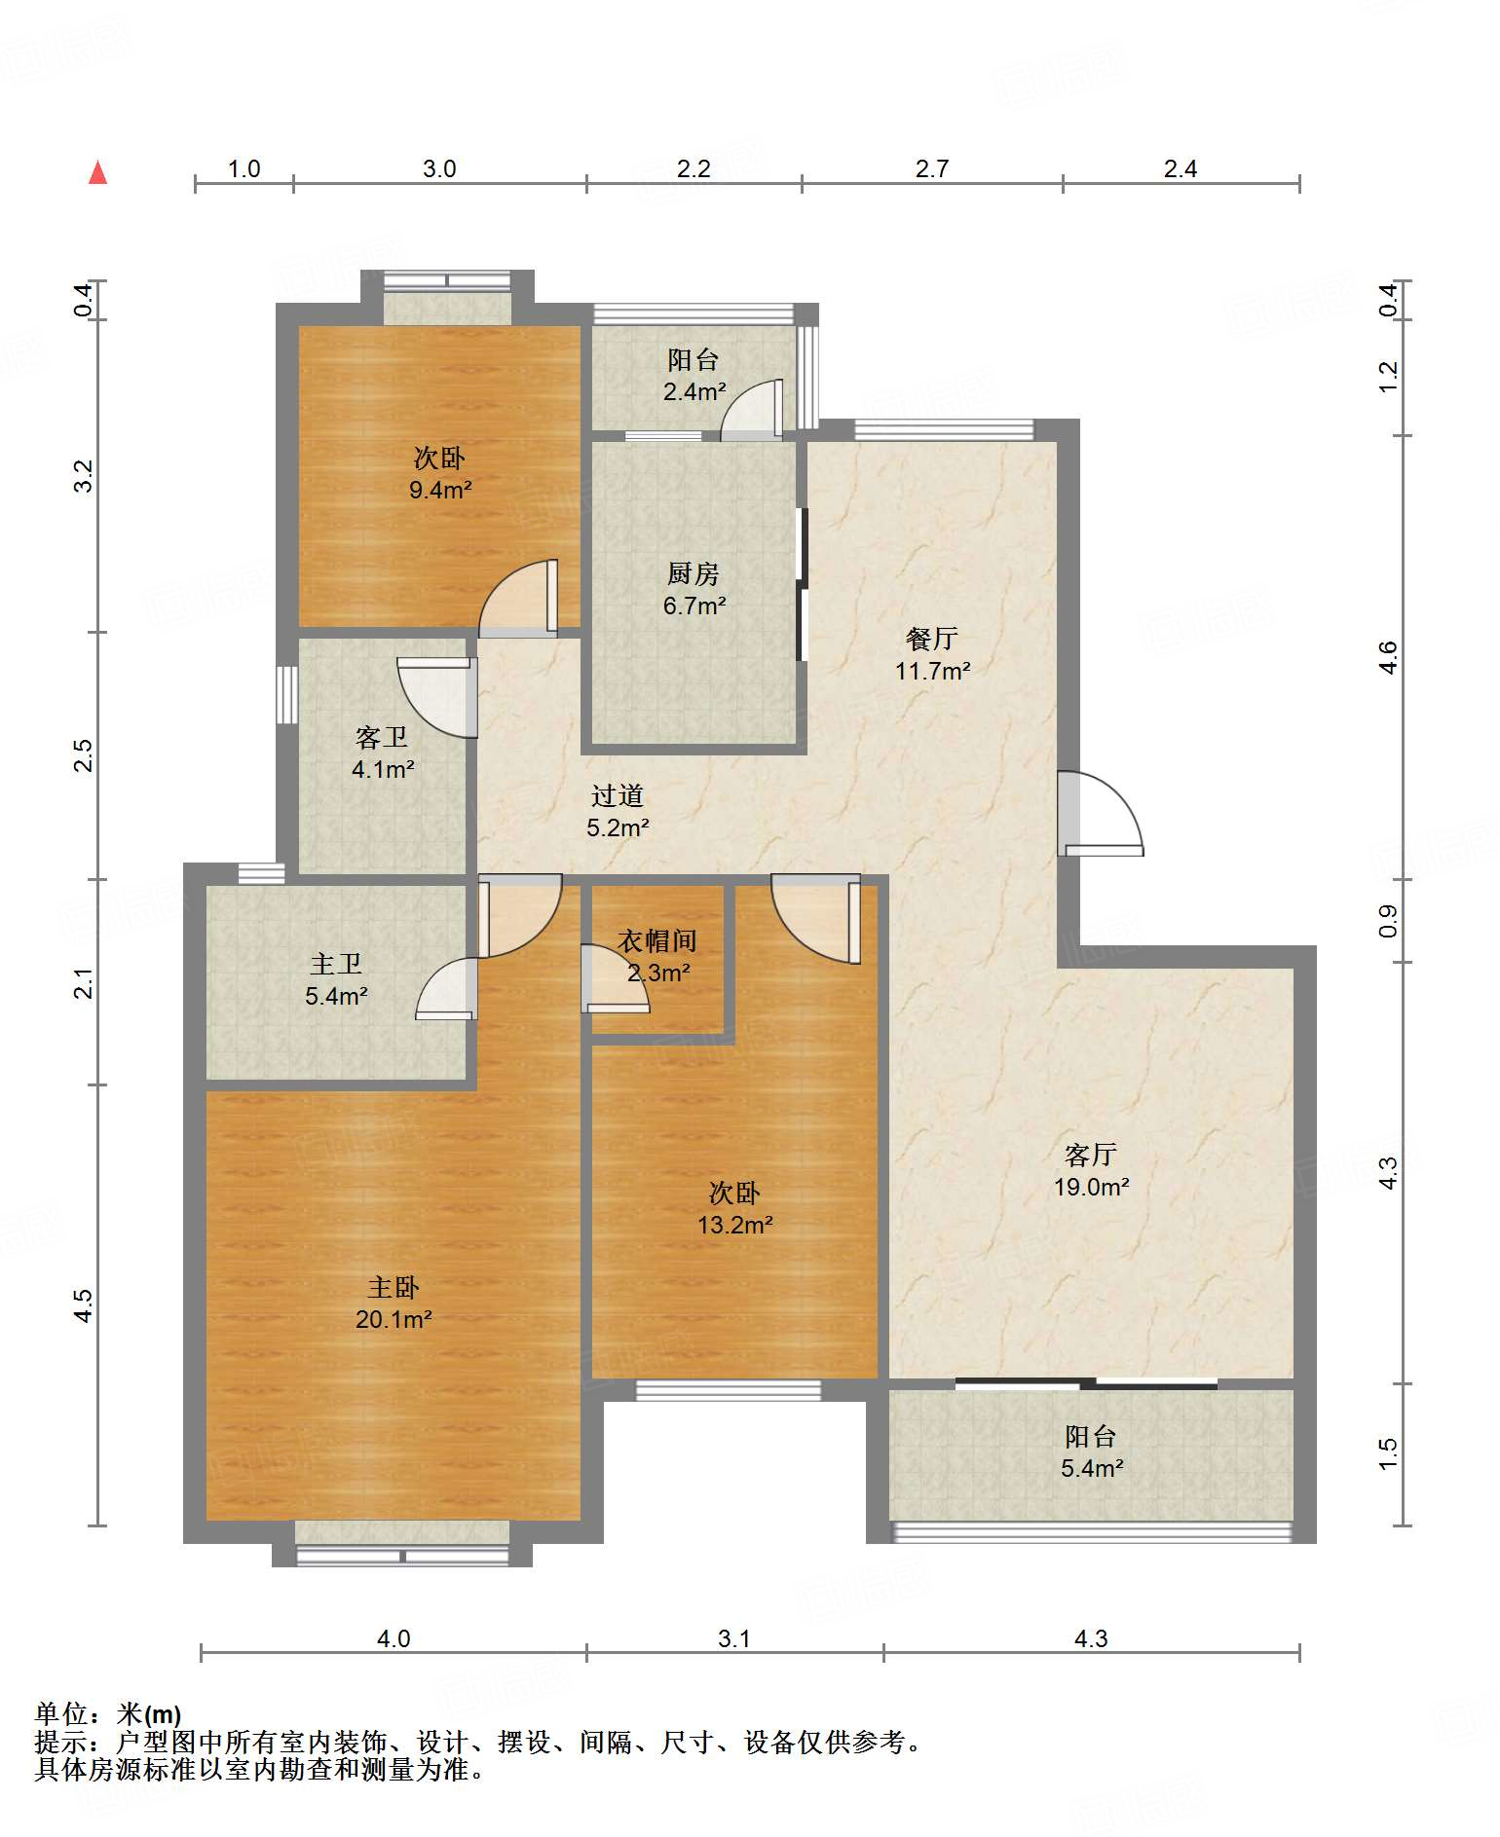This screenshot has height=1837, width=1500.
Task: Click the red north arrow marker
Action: click(x=97, y=172)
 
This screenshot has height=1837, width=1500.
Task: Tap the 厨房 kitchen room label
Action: click(x=694, y=573)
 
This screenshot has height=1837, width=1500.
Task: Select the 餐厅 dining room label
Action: click(x=932, y=639)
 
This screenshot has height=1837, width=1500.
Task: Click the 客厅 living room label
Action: click(x=1091, y=1155)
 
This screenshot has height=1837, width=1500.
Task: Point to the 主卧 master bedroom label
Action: click(x=394, y=1287)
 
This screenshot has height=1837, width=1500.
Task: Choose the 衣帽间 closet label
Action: click(x=658, y=940)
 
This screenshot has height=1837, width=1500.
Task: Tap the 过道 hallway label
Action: click(x=618, y=795)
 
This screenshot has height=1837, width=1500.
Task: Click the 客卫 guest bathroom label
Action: click(x=382, y=737)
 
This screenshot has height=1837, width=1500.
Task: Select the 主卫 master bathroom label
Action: click(x=336, y=964)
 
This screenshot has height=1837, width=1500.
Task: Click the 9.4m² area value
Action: click(x=440, y=490)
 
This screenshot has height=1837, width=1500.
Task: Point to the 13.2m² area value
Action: click(x=735, y=1225)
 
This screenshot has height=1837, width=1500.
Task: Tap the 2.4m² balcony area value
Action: click(x=694, y=391)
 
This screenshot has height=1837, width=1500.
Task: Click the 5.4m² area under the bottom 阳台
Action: click(x=1092, y=1468)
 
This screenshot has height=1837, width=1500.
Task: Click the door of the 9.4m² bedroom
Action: click(x=519, y=599)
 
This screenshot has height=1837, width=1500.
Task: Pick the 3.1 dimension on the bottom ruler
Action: click(x=734, y=1638)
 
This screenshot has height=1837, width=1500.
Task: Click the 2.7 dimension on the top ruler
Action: click(x=932, y=168)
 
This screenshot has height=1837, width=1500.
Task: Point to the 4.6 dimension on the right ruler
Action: click(x=1388, y=657)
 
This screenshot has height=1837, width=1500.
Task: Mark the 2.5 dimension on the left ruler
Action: click(x=84, y=755)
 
